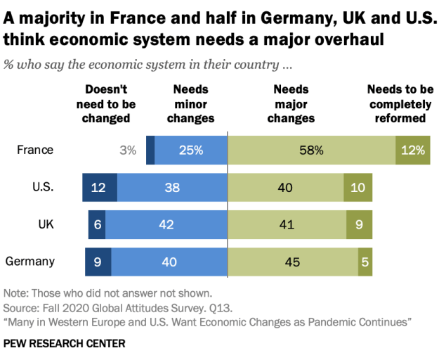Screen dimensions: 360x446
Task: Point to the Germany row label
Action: (x=30, y=262)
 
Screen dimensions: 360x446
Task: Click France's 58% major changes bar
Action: (x=312, y=150)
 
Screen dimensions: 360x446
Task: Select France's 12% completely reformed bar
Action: (x=412, y=150)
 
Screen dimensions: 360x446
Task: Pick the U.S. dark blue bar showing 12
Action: (x=99, y=188)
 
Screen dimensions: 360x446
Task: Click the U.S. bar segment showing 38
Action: (x=172, y=188)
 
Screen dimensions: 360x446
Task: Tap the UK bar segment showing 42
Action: (x=166, y=225)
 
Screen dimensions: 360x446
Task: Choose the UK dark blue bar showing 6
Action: (x=96, y=225)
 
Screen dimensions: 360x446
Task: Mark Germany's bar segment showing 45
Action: (x=293, y=262)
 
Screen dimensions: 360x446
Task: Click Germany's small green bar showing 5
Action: (x=365, y=262)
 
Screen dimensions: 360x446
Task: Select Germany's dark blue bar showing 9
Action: (x=98, y=262)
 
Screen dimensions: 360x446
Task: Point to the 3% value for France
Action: (x=127, y=150)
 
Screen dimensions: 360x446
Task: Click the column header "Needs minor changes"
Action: (x=192, y=104)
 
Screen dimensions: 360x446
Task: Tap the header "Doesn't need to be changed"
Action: (x=106, y=104)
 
